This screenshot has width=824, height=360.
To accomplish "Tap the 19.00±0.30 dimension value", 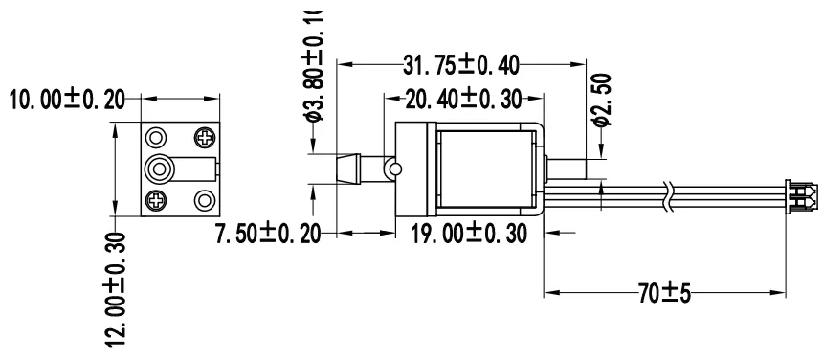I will pos(462,233).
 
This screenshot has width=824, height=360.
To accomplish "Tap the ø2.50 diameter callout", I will pos(602,101).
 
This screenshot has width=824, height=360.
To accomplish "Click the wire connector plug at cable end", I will pos(800,195).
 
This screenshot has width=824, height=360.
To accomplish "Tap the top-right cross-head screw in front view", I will pos(205,137).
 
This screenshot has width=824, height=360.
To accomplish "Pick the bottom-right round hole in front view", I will pos(205,200).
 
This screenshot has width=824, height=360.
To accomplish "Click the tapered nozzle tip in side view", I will pos(350,169).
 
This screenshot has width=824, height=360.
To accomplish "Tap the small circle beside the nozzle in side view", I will pos(390,169).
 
